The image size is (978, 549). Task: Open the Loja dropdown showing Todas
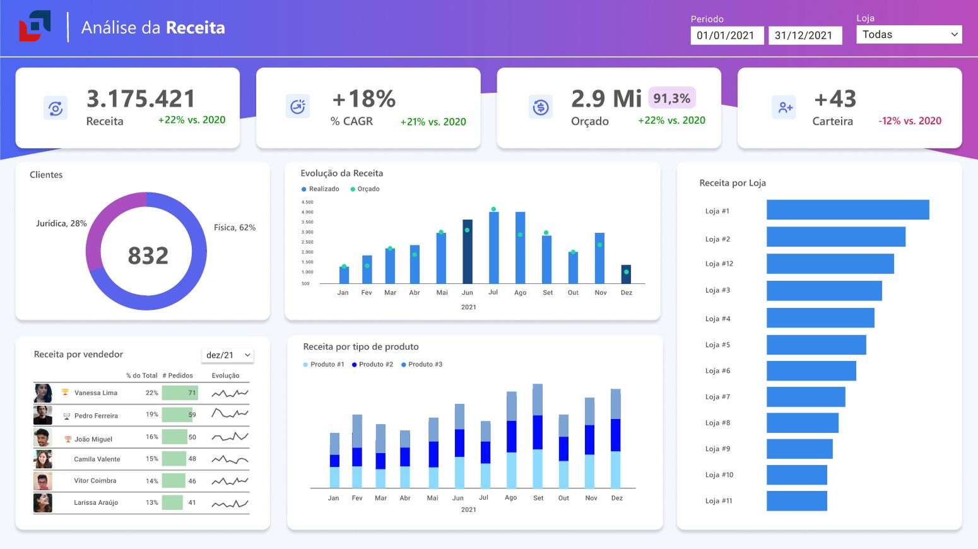coord(909,35)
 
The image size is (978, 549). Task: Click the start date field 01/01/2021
coord(726,35)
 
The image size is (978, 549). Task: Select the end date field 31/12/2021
coord(804,35)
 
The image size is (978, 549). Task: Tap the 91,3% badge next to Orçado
coord(671,98)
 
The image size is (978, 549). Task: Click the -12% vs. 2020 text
coord(909,121)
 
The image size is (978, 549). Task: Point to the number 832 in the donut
coord(148,256)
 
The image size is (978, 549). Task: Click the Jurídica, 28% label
coord(61,223)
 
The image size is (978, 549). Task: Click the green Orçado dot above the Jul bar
coord(493,209)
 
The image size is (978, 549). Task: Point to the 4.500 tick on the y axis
coord(307,203)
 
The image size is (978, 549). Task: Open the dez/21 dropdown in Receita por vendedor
coord(228,355)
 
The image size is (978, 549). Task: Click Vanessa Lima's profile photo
coord(43,393)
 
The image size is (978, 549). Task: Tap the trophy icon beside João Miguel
coord(68,439)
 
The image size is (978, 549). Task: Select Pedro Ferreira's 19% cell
coord(152,415)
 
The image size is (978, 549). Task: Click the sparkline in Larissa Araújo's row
coord(230,504)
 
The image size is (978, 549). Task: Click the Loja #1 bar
coord(847,210)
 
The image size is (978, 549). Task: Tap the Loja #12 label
coord(719,264)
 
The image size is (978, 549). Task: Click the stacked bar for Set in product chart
coord(538,435)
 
